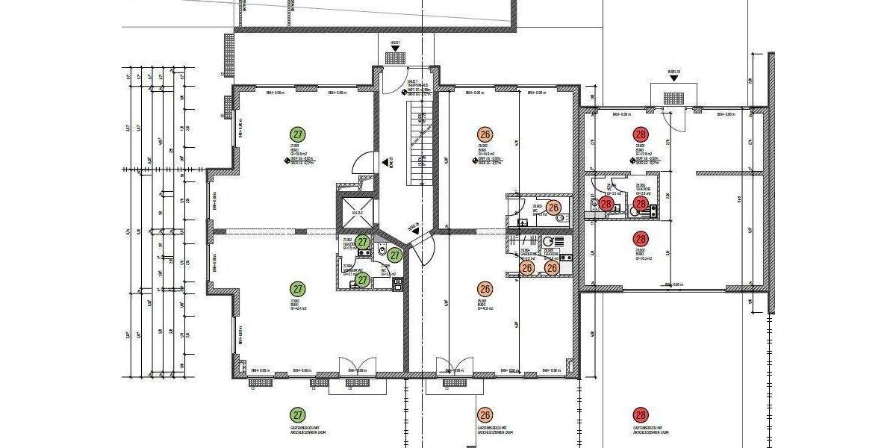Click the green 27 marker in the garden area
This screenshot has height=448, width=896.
pyautogui.click(x=298, y=414)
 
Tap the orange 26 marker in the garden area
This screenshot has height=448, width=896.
pyautogui.click(x=485, y=414)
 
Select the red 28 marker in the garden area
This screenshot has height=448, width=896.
pyautogui.click(x=640, y=414)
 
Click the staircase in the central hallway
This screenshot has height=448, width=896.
pyautogui.click(x=420, y=146)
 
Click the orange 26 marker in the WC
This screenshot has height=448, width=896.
pyautogui.click(x=553, y=208)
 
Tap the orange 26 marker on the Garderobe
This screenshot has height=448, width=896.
pyautogui.click(x=527, y=267)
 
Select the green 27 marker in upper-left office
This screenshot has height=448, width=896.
pyautogui.click(x=298, y=134)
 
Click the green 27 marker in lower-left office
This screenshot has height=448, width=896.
pyautogui.click(x=298, y=289)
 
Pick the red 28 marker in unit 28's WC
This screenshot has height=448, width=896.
pyautogui.click(x=606, y=203)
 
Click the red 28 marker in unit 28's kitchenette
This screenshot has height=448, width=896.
pyautogui.click(x=640, y=203)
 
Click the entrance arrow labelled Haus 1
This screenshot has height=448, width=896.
pyautogui.click(x=395, y=56)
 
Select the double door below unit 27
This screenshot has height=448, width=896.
pyautogui.click(x=350, y=367)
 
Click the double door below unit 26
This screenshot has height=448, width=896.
pyautogui.click(x=454, y=367)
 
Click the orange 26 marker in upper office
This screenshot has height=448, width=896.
pyautogui.click(x=485, y=134)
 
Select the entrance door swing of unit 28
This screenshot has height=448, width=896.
pyautogui.click(x=676, y=119)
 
